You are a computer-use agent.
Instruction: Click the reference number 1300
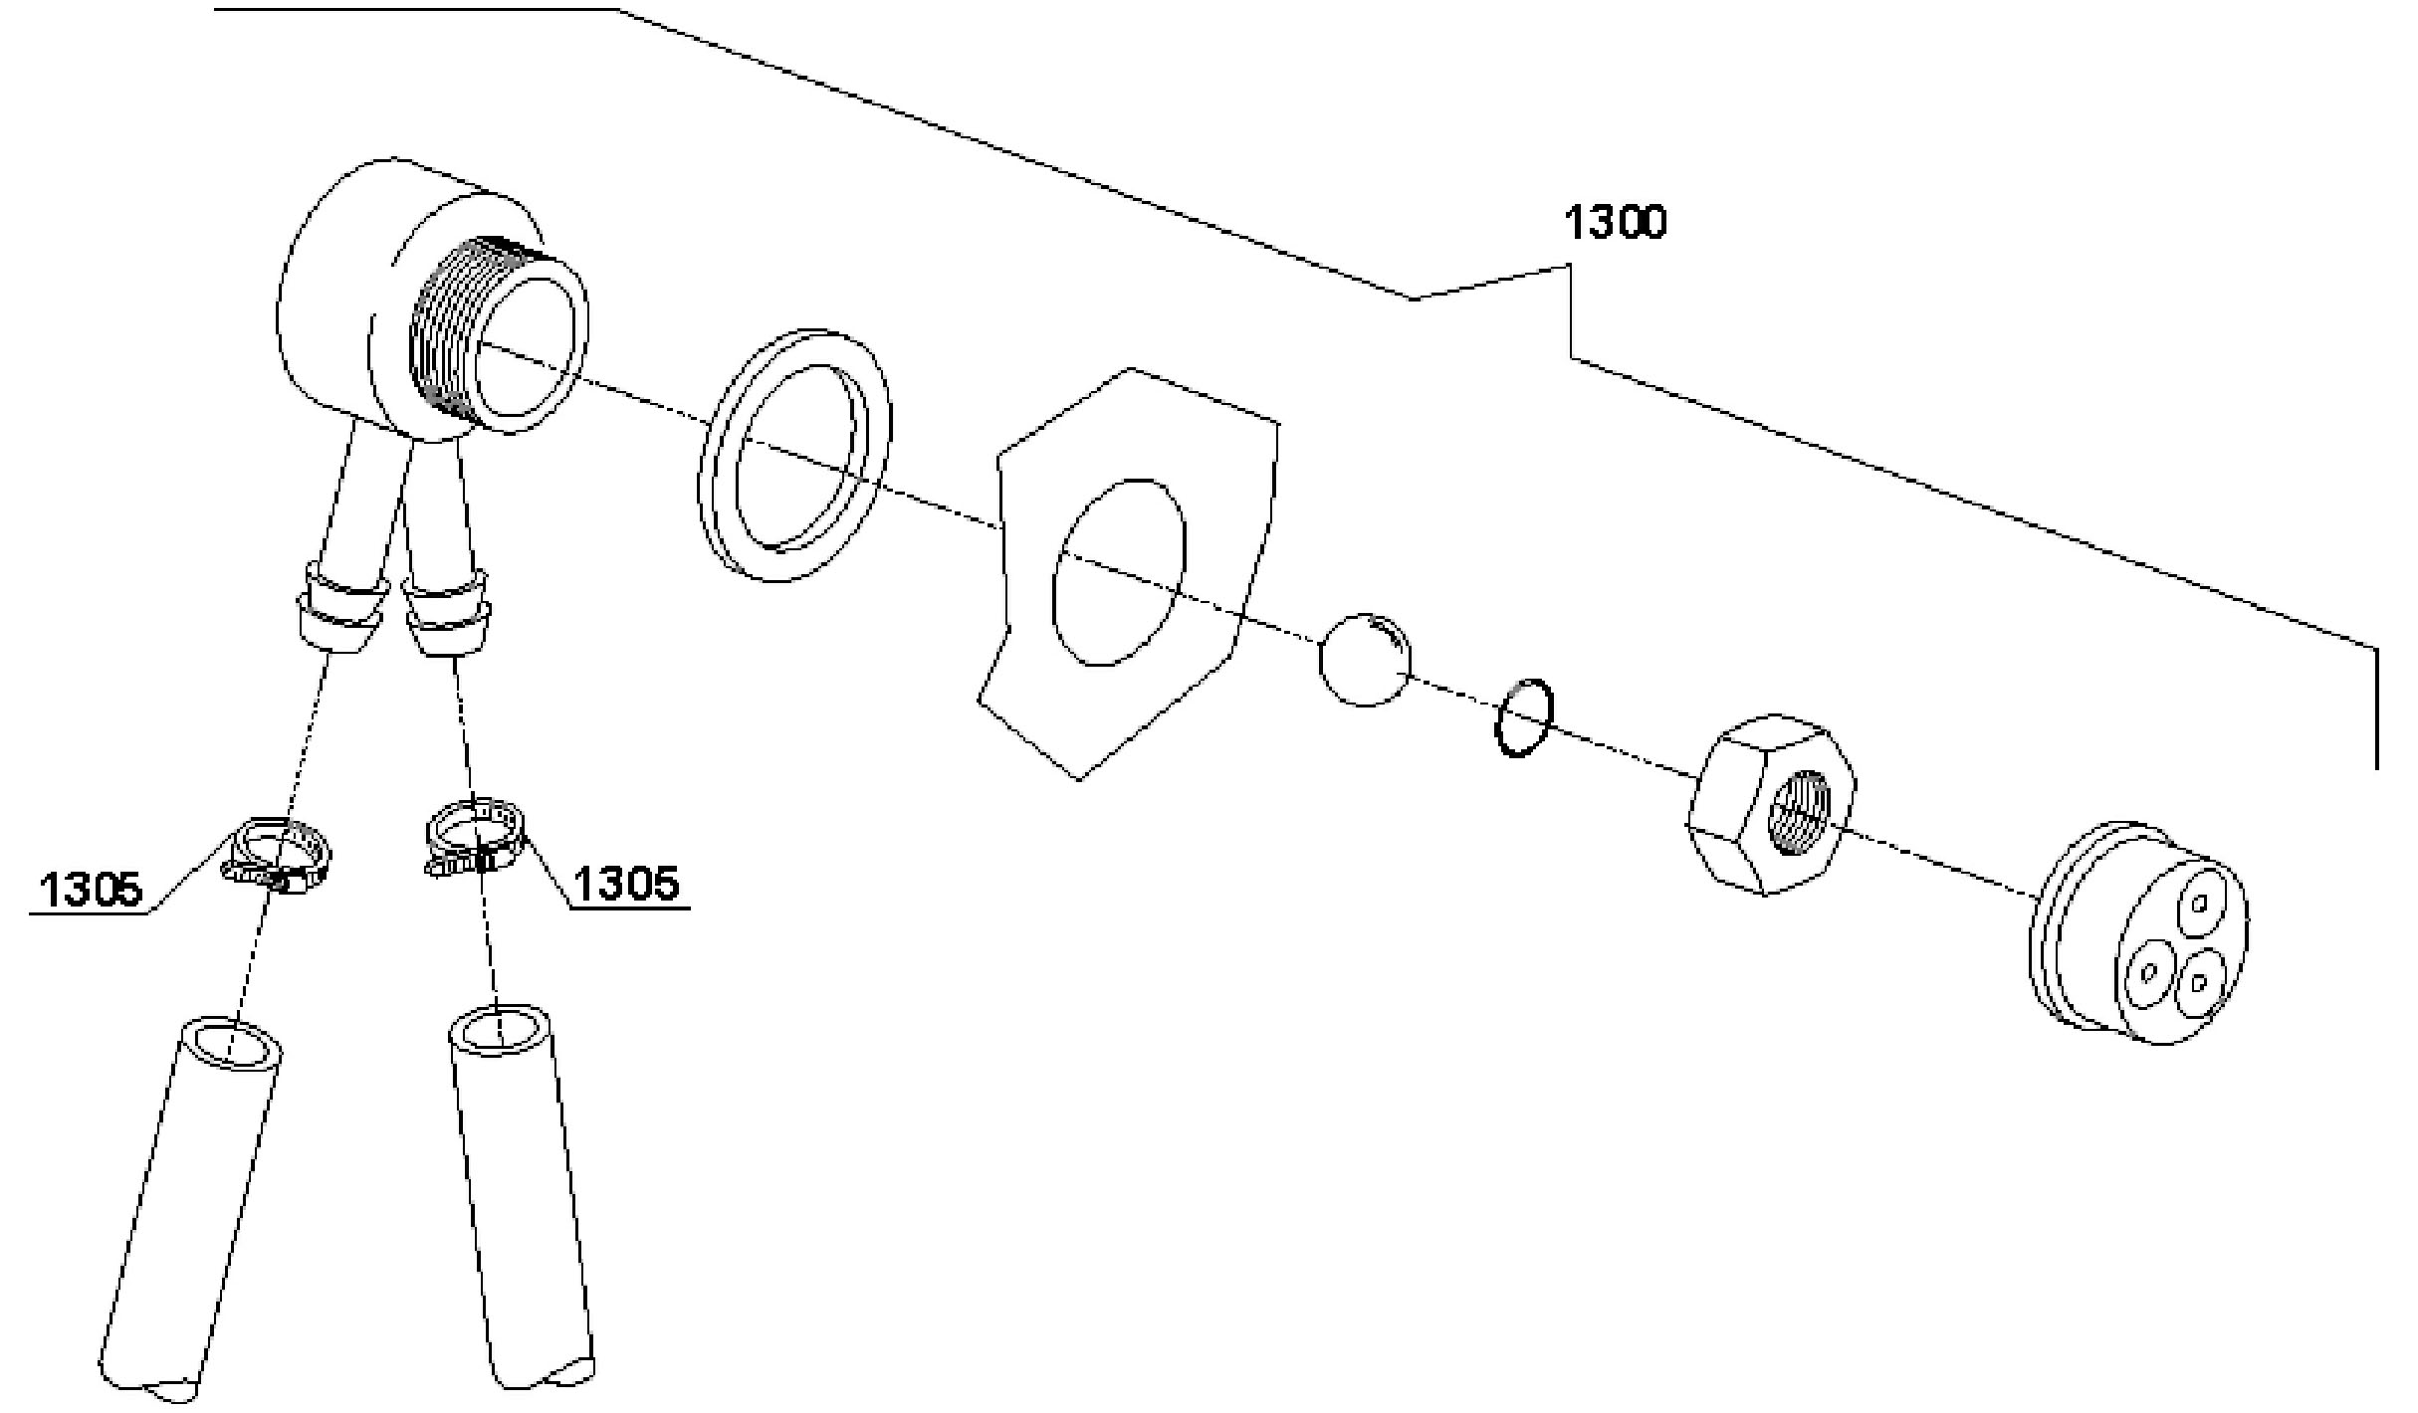click(x=1615, y=223)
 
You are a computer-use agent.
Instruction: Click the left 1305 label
click(x=92, y=889)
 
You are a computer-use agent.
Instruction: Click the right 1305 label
click(x=627, y=884)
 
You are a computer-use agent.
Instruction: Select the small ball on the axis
click(x=1365, y=659)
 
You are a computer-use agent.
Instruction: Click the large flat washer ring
click(x=796, y=454)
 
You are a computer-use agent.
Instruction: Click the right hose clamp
click(x=475, y=837)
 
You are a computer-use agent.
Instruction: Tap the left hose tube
click(x=189, y=1214)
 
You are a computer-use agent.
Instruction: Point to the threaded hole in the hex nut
click(x=1798, y=810)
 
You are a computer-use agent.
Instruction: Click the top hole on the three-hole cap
click(x=2199, y=904)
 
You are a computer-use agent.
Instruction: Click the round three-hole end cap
click(x=2140, y=935)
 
